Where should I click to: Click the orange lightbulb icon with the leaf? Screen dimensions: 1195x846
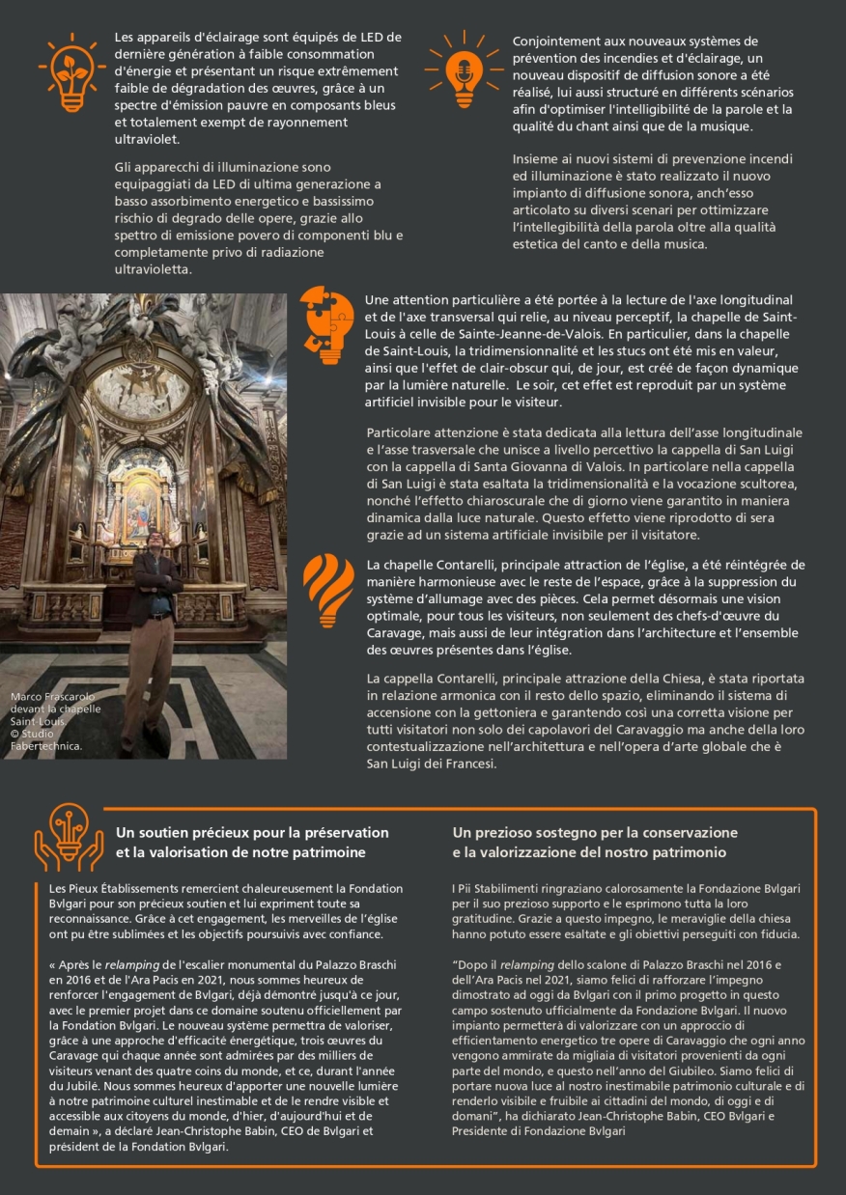click(71, 73)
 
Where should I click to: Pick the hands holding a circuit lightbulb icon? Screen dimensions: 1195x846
click(69, 837)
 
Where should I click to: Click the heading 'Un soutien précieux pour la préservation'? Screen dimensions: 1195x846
click(252, 832)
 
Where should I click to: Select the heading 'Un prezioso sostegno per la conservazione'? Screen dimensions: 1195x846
click(594, 832)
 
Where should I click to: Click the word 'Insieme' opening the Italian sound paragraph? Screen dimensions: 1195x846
click(534, 157)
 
